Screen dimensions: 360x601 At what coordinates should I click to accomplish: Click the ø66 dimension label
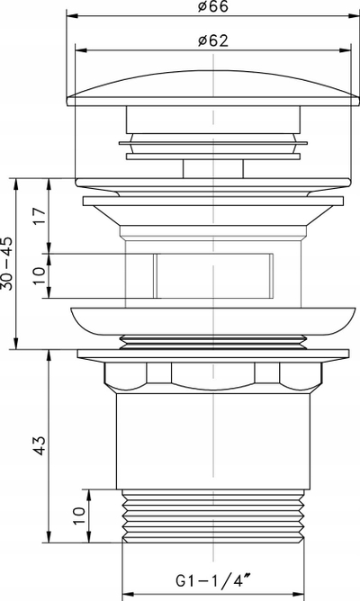[213, 6]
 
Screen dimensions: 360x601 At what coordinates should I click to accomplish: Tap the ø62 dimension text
[213, 40]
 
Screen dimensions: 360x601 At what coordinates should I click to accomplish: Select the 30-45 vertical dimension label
[7, 264]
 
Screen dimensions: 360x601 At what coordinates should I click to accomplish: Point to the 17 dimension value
[40, 217]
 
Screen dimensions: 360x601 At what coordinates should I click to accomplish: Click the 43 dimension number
[40, 445]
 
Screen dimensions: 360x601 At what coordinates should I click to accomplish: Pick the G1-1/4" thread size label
[213, 580]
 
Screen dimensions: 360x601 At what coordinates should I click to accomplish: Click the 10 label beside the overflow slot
[40, 276]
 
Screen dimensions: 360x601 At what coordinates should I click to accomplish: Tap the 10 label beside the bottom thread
[78, 516]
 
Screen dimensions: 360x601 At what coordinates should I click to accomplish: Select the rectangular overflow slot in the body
[213, 275]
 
